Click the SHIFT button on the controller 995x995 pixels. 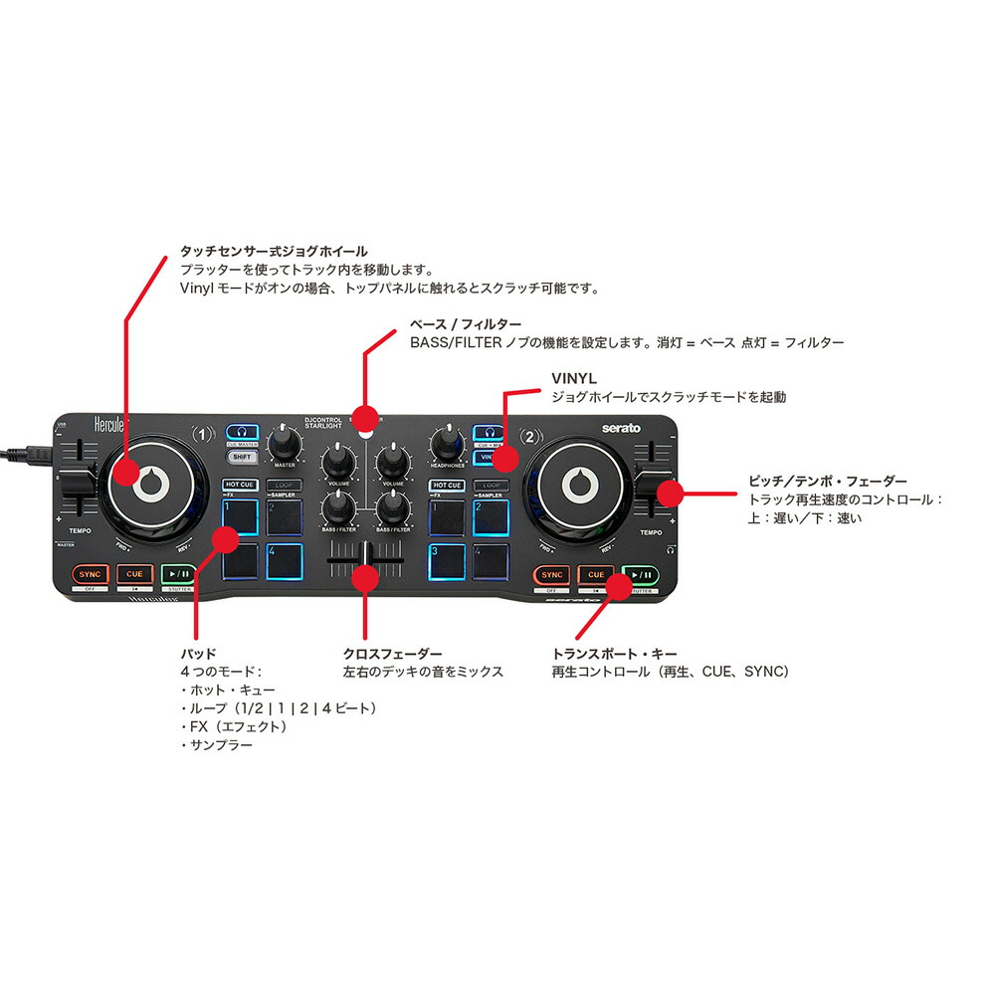point(240,457)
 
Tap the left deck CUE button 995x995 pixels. point(134,574)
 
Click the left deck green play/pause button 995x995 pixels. point(179,574)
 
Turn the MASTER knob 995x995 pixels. point(287,439)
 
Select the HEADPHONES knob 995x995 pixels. point(447,439)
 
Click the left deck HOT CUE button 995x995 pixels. point(240,486)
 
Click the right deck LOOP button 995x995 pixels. point(491,486)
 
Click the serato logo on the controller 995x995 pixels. point(620,428)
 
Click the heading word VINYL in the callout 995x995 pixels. point(573,379)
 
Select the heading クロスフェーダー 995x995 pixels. point(392,654)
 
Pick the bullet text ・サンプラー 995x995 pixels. point(216,744)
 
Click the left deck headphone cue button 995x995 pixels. point(241,432)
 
